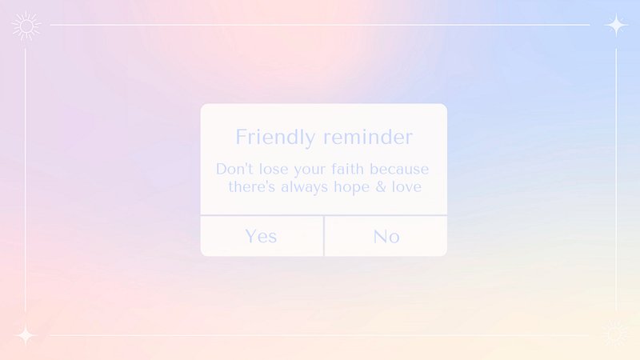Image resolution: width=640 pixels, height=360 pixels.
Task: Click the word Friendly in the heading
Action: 275,137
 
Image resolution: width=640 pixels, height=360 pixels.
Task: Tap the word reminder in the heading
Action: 368,137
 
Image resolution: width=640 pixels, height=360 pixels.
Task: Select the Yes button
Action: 262,236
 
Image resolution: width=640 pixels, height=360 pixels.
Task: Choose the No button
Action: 386,236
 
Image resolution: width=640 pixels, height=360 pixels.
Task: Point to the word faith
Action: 347,169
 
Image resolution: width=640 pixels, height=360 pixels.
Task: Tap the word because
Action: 399,169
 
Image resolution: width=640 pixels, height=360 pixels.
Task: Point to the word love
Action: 406,187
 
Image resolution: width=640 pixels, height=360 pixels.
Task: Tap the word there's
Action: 251,187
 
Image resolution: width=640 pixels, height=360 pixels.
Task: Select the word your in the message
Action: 310,170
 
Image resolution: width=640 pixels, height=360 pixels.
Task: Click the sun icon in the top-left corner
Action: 26,26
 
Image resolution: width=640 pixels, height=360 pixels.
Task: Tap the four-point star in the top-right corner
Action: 616,25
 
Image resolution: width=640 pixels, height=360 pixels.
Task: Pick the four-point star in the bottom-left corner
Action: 26,335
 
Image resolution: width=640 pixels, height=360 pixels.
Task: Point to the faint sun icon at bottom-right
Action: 615,334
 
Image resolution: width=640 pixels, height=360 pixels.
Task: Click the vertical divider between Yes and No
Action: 324,236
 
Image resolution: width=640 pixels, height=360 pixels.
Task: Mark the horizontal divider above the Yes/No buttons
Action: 324,215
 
